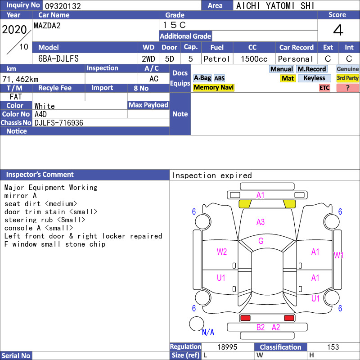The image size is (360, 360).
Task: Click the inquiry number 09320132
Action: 63,6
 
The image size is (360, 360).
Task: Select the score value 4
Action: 338,30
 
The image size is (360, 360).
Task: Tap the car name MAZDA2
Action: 47,26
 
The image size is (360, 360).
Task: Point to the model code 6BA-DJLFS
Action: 58,59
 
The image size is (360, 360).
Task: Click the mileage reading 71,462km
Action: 20,79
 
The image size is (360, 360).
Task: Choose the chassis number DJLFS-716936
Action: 59,123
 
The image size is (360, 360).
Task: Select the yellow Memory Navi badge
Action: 213,87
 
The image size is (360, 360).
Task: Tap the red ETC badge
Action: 324,88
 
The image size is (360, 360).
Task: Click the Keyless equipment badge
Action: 314,78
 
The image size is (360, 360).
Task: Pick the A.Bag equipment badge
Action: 202,78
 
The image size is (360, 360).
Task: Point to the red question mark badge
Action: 347,88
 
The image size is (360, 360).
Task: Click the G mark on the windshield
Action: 261,241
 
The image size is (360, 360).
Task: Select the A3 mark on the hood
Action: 261,222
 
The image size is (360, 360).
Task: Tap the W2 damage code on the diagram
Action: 222,252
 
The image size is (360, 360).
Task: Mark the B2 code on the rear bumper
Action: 261,328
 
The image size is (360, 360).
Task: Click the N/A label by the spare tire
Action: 208,332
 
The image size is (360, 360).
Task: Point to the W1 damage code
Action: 338,255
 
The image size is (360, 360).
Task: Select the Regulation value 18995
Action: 227,347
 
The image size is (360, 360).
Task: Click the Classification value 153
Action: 333,347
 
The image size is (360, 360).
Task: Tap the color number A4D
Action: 40,114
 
